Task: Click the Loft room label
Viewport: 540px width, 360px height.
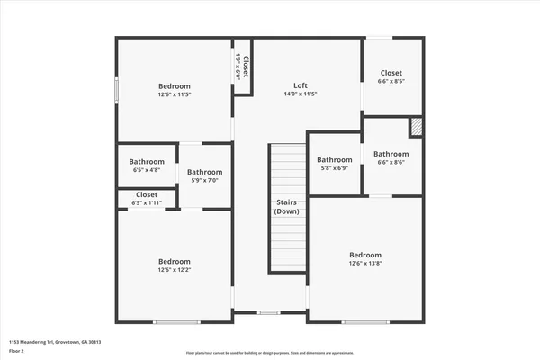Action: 301,85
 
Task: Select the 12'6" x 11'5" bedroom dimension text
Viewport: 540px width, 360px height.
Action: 175,94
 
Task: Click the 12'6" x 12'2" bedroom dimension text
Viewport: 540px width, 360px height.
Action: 175,269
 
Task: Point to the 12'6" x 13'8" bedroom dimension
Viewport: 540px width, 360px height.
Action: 365,263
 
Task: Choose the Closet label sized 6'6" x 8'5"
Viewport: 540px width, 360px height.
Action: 391,73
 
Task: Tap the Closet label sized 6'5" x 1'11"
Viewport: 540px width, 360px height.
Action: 147,194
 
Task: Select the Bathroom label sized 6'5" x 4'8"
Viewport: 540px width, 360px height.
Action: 147,162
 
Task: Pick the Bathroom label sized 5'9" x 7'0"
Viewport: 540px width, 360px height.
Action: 204,172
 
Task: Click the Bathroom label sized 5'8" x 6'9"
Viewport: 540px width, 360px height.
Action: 335,159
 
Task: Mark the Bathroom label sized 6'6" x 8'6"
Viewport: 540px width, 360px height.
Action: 391,154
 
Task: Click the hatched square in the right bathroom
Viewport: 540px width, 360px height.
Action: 416,128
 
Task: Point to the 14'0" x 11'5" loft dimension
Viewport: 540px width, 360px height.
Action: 301,94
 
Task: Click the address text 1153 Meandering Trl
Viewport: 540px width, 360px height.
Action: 55,342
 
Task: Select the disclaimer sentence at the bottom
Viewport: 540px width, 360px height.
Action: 270,353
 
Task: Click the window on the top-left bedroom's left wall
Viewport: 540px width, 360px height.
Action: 116,92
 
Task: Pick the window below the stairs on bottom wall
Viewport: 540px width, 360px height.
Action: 269,312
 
